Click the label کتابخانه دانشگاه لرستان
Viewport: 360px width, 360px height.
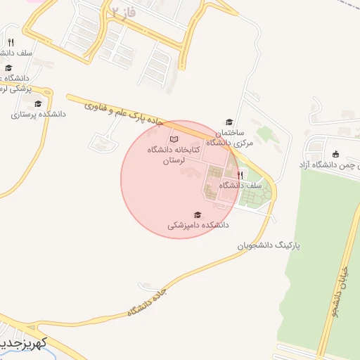(x=174, y=155)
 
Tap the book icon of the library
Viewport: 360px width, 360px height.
(x=174, y=139)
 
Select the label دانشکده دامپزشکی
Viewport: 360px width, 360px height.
(x=198, y=226)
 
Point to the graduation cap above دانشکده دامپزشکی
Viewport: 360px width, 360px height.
(x=198, y=214)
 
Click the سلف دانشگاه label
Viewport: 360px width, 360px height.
(x=240, y=185)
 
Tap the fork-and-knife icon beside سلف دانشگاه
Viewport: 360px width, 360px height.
(x=240, y=174)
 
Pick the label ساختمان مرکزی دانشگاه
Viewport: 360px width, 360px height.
(x=229, y=137)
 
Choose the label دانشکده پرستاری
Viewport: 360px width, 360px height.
(x=38, y=113)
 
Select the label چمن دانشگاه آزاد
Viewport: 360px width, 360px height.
(x=330, y=165)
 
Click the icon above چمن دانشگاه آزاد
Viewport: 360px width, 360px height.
(x=335, y=155)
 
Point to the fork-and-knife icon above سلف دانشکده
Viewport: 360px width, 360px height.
(x=10, y=42)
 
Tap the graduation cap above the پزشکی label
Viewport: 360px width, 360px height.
(x=8, y=68)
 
